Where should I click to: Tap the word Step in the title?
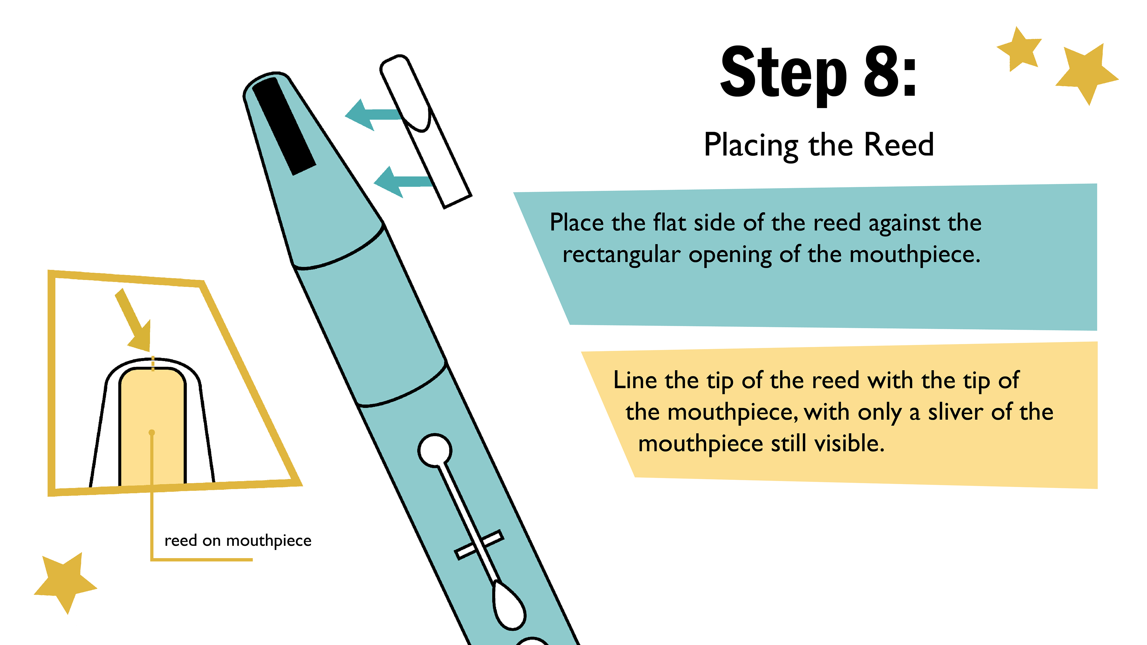pyautogui.click(x=784, y=76)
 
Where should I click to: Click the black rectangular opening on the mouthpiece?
pyautogui.click(x=284, y=126)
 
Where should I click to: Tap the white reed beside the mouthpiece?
pyautogui.click(x=426, y=132)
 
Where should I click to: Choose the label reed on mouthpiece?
pyautogui.click(x=238, y=540)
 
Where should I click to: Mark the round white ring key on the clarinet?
pyautogui.click(x=435, y=451)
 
